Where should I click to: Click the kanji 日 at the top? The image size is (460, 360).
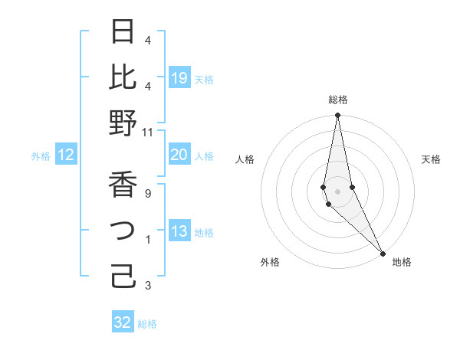(x=123, y=31)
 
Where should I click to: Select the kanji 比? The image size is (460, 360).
(x=123, y=77)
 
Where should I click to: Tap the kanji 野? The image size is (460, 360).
(x=123, y=123)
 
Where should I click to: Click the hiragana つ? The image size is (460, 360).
(x=123, y=231)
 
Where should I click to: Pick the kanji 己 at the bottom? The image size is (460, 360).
(x=123, y=275)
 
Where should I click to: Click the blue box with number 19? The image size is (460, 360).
(x=179, y=77)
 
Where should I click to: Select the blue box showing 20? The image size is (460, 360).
(x=179, y=155)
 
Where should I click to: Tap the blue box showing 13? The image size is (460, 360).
(x=179, y=232)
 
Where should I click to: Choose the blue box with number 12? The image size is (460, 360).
(x=66, y=155)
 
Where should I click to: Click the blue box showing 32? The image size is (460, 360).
(x=123, y=322)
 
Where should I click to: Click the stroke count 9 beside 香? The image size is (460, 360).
(x=148, y=194)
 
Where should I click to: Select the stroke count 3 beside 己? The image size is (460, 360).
(x=148, y=286)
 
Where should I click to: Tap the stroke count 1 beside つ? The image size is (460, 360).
(x=148, y=240)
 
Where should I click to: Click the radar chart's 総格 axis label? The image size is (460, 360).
(x=338, y=100)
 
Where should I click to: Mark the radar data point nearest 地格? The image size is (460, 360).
(x=383, y=252)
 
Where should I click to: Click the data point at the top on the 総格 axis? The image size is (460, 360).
(x=338, y=116)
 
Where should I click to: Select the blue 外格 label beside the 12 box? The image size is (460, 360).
(x=41, y=156)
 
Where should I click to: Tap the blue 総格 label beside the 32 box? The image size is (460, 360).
(x=147, y=324)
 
